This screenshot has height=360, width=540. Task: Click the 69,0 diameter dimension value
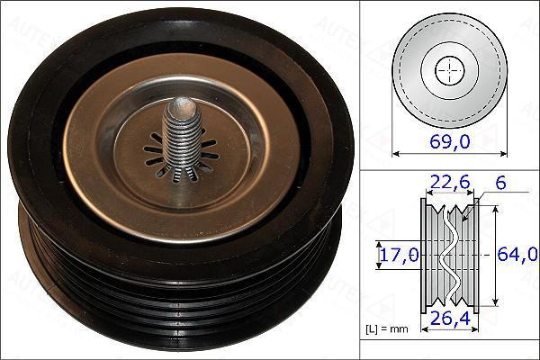pyautogui.click(x=450, y=141)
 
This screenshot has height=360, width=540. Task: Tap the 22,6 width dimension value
pyautogui.click(x=448, y=182)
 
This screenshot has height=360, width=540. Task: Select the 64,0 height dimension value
pyautogui.click(x=517, y=254)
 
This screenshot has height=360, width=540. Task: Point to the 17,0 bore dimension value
pyautogui.click(x=399, y=255)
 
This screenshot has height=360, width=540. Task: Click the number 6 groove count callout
pyautogui.click(x=500, y=183)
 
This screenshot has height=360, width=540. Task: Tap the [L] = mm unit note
pyautogui.click(x=386, y=329)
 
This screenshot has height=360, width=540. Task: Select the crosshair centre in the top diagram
pyautogui.click(x=450, y=71)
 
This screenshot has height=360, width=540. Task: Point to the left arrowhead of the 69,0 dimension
pyautogui.click(x=395, y=154)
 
